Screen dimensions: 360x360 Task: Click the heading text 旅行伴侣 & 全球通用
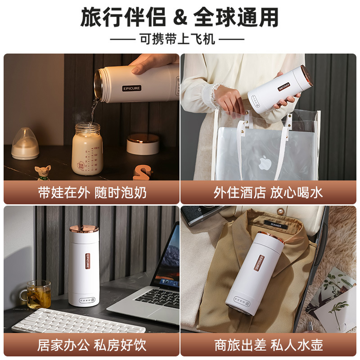point(180,17)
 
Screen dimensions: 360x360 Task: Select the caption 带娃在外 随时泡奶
point(92,193)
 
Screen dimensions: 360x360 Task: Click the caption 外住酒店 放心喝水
point(268,193)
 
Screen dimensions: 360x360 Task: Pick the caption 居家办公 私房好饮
point(92,345)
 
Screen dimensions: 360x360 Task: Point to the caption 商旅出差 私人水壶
point(268,345)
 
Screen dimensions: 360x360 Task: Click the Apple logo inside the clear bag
point(265,163)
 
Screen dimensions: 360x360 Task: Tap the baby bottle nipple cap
point(25,144)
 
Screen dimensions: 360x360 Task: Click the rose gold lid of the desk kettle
point(84,228)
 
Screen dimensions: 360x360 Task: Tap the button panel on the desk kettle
point(84,298)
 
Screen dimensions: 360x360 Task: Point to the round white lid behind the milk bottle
point(143,144)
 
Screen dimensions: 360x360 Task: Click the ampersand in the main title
point(180,17)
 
